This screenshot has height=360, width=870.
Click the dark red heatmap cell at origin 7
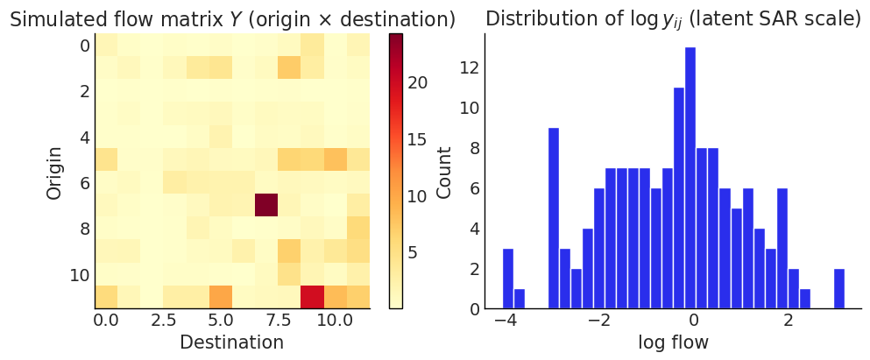266,205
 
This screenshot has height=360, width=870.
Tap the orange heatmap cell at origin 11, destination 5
221,297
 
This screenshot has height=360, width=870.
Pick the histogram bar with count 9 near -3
554,218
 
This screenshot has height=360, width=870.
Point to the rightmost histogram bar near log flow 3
839,288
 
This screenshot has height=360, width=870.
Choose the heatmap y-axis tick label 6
84,182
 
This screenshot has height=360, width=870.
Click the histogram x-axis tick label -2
598,321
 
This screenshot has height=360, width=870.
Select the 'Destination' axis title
231,342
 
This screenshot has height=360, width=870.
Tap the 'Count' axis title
444,170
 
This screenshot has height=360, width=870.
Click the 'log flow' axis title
673,342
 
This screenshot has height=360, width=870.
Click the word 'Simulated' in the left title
53,19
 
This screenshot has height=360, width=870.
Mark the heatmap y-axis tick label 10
80,274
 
